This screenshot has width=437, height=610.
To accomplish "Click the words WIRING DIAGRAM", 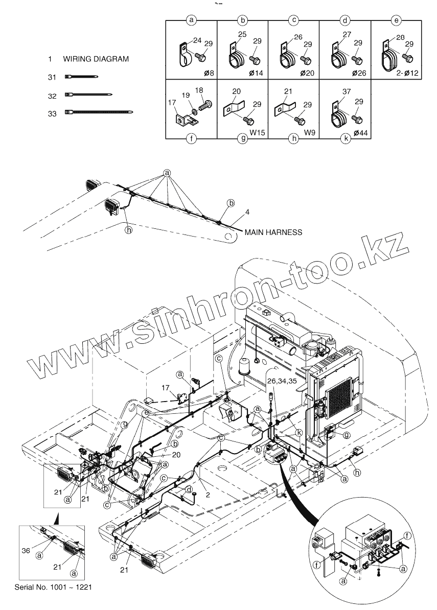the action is (x=96, y=59).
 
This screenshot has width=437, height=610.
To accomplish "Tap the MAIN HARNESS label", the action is (x=273, y=232).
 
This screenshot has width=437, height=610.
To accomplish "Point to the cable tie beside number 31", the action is (x=81, y=77).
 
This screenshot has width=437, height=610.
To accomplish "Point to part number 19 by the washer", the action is (x=186, y=96).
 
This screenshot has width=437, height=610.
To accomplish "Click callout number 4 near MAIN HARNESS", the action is (x=247, y=212).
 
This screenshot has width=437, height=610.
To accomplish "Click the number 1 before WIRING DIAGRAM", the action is (x=50, y=59).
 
